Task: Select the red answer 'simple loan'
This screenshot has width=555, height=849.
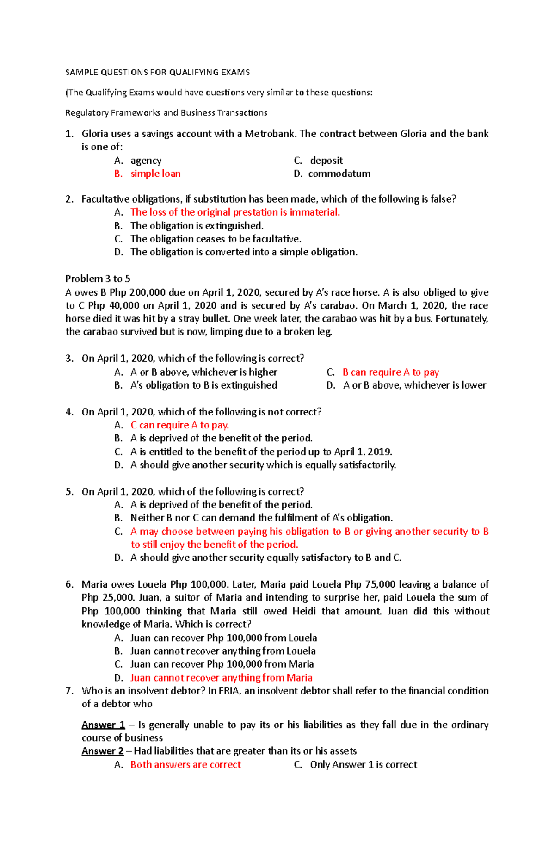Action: [x=155, y=174]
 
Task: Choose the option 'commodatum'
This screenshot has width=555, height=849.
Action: [x=339, y=174]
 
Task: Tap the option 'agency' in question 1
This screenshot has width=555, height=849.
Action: [x=146, y=161]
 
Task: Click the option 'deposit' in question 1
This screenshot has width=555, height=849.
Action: [x=326, y=161]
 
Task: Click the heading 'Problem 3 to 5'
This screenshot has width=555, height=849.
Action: [x=98, y=279]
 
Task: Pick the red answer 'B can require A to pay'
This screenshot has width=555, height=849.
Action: [x=390, y=372]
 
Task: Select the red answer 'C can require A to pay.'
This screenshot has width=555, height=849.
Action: [x=179, y=425]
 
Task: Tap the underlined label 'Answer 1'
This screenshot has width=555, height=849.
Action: [x=103, y=725]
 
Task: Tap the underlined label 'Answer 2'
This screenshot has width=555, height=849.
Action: [x=103, y=751]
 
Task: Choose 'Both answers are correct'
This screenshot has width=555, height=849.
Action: [x=185, y=764]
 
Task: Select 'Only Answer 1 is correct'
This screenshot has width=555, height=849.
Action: [x=364, y=764]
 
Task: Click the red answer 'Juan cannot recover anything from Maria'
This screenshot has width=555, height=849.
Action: [x=221, y=678]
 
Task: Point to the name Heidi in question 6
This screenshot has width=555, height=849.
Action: [x=304, y=611]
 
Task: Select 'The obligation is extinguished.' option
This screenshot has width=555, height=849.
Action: [x=197, y=226]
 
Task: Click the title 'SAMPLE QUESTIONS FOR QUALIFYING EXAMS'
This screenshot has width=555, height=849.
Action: [x=157, y=72]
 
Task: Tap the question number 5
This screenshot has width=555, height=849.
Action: [x=69, y=491]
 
